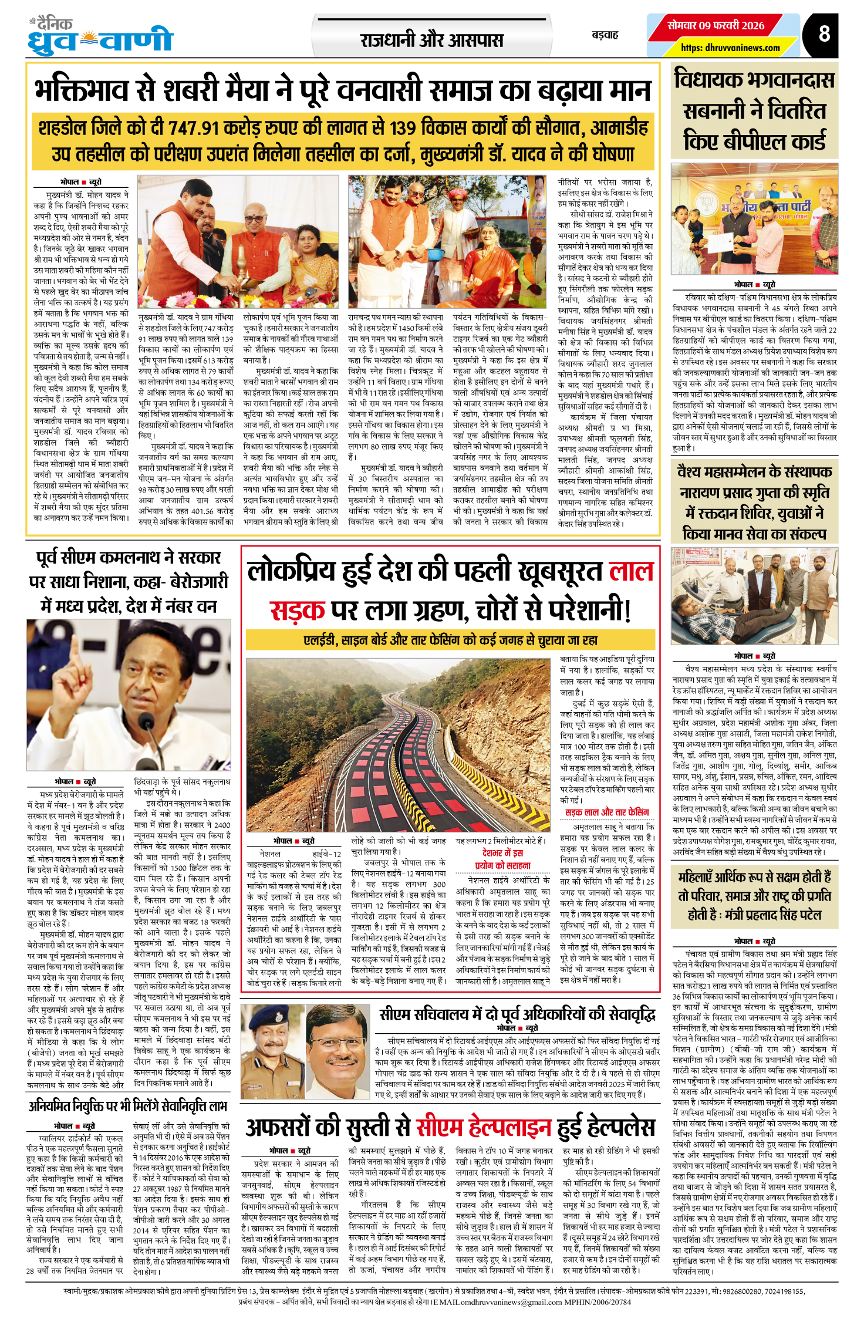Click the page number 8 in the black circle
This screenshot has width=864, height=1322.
point(824,34)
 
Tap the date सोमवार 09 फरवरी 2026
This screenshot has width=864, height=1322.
point(716,25)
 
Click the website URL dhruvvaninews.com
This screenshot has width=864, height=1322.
point(730,48)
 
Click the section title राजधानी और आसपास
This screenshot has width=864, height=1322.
point(431,40)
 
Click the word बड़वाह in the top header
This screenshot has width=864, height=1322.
point(605,35)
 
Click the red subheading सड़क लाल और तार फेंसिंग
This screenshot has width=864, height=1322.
point(607,812)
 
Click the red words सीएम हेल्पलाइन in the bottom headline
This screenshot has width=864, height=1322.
point(484,1126)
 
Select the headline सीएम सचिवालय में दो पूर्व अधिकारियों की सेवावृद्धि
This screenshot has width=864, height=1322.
point(517,1014)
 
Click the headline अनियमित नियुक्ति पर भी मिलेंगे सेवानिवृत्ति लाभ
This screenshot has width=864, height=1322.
point(127,1106)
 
